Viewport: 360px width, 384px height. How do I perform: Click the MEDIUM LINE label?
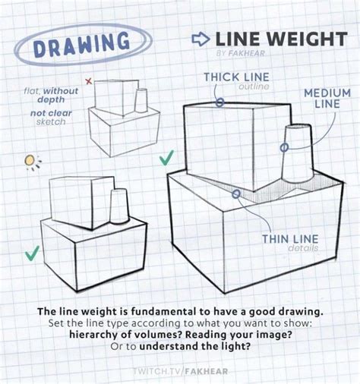(321, 98)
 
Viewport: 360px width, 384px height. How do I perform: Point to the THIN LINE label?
(290, 241)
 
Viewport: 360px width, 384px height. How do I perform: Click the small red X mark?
(88, 80)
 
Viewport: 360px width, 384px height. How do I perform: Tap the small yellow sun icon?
(31, 161)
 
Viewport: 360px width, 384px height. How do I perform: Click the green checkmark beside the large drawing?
(166, 158)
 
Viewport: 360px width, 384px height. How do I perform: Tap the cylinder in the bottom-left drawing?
(118, 206)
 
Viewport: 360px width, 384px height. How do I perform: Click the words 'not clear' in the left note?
(46, 112)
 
